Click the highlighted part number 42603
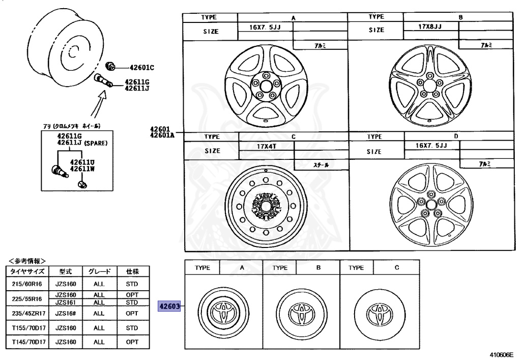(x=170, y=307)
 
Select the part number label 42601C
(x=141, y=67)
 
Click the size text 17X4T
(x=266, y=146)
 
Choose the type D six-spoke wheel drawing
(x=430, y=204)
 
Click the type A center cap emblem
(x=223, y=311)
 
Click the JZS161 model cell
(x=66, y=302)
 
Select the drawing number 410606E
(x=502, y=355)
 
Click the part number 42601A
(x=162, y=135)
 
